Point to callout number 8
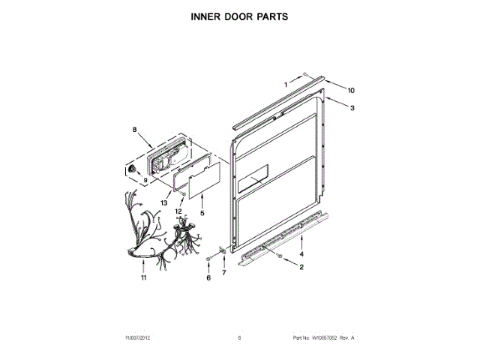136,130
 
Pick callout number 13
163,202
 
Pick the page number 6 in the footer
239,338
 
